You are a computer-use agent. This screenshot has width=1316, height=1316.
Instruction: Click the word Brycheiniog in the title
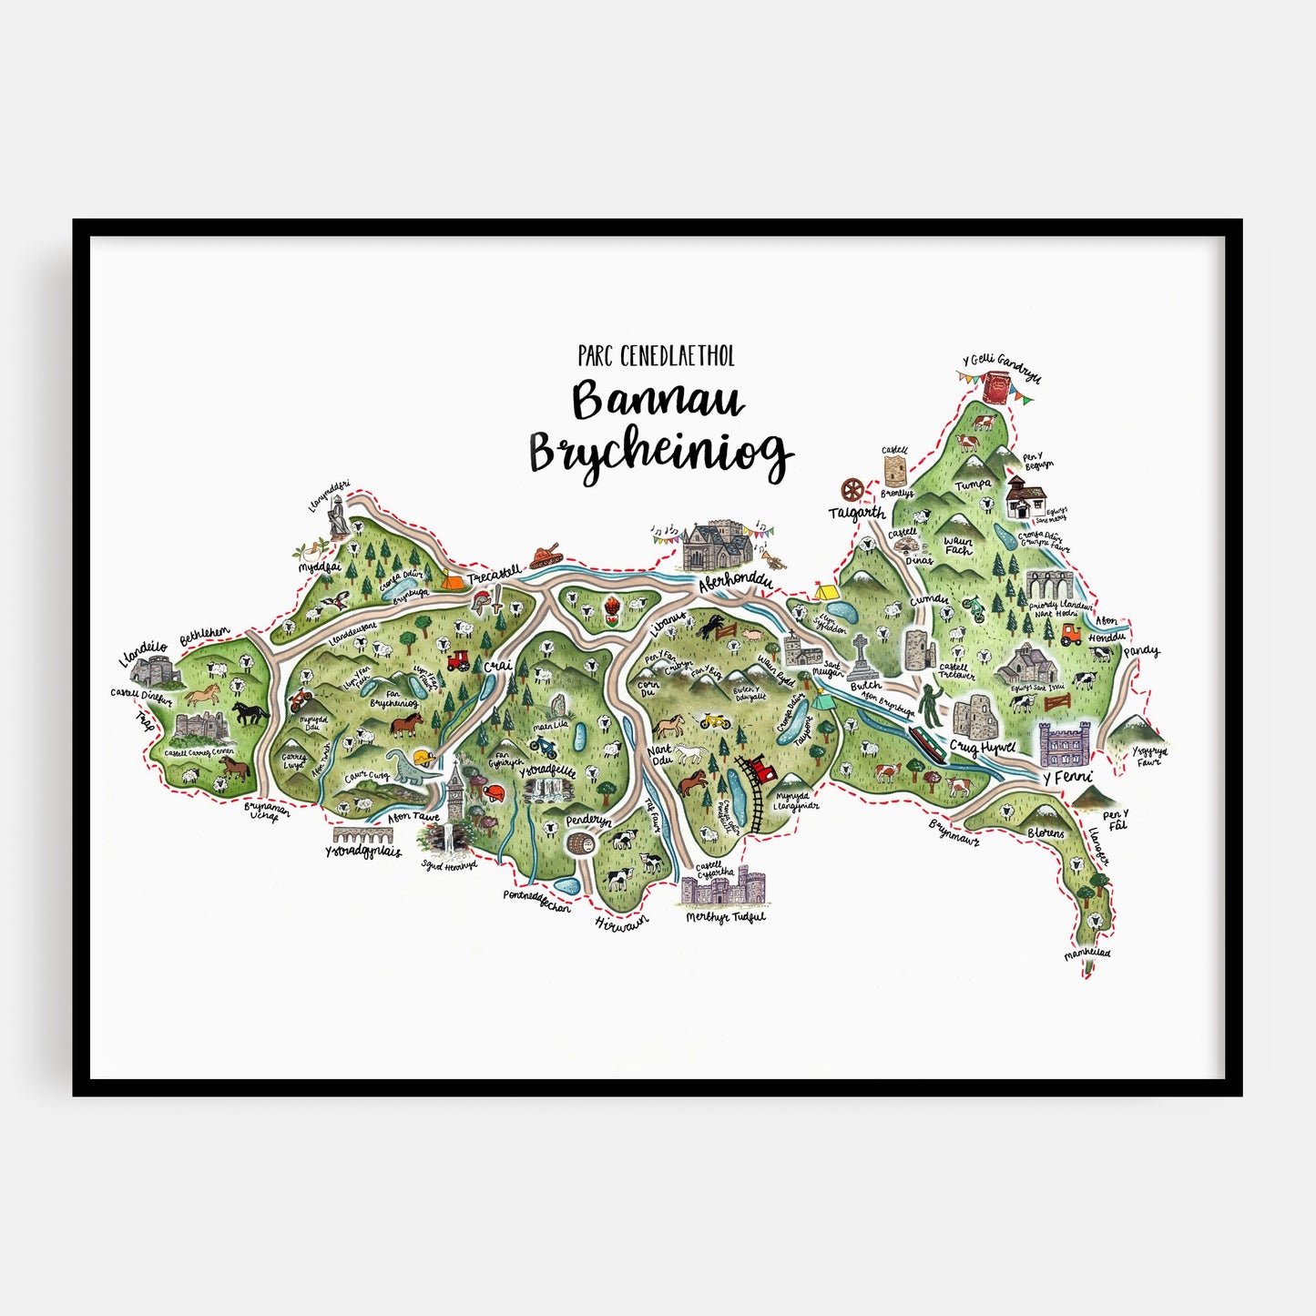pos(659,453)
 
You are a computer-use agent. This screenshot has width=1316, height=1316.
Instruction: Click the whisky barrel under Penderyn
pos(579,843)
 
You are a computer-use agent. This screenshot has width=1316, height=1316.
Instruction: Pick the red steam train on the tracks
pos(759,770)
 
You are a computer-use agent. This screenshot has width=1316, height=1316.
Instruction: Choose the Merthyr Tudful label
pos(725,917)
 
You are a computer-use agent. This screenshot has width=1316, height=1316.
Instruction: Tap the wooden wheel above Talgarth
pos(852,490)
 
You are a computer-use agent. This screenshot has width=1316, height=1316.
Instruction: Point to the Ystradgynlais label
pos(362,852)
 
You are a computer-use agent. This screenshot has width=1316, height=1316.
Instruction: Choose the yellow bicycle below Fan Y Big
pos(714,720)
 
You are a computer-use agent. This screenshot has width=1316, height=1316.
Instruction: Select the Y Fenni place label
pos(1066,777)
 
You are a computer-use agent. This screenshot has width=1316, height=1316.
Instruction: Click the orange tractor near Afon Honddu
pos(1070,634)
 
